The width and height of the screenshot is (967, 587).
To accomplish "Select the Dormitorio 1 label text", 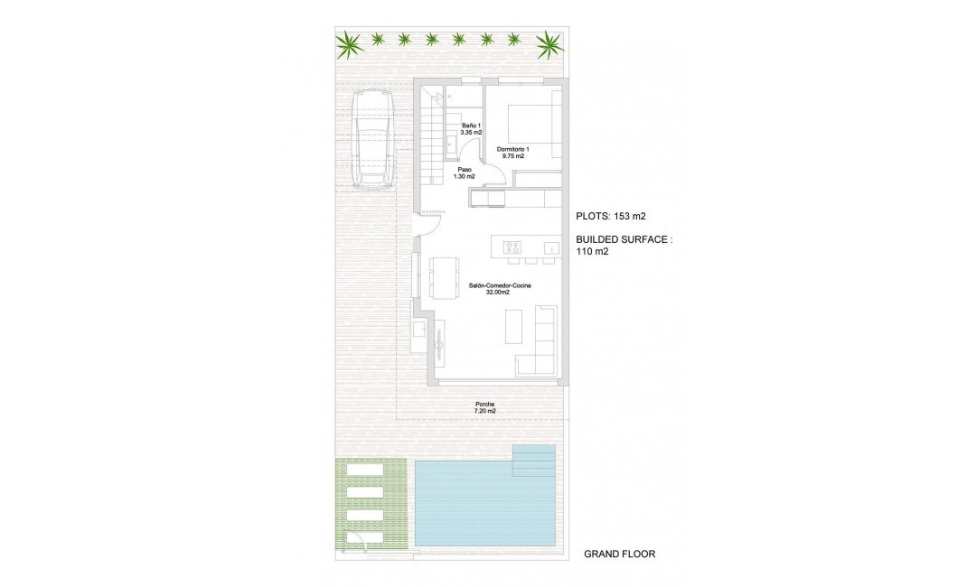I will point(512,152).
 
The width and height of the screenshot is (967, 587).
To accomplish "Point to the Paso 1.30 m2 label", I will point(465,172).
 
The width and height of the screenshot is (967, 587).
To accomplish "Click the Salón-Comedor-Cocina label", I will point(500,289).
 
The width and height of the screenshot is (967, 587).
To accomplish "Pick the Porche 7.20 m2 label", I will point(485,407).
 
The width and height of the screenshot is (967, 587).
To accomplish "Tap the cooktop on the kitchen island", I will point(512,247).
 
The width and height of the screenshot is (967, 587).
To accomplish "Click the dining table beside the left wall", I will point(442,278).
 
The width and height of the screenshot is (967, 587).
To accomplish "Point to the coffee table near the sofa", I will point(514,326).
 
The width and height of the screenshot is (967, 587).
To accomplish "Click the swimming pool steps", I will point(533,461).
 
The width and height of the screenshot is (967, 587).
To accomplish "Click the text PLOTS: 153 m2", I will point(611,216).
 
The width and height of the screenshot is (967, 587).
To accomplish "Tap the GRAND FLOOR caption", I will point(619,554).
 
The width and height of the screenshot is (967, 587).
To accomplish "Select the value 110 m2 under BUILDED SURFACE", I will point(592,252).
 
